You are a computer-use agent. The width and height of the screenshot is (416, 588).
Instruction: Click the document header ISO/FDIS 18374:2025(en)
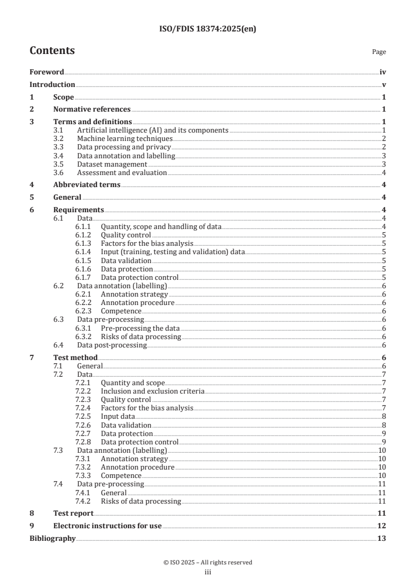point(208,29)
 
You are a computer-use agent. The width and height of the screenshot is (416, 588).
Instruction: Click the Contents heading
point(52,51)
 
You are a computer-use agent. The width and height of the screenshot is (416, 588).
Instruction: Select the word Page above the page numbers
point(379,52)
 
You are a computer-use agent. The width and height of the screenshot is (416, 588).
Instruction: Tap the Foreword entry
point(47,72)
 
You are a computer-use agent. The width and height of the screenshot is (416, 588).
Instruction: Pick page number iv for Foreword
point(383,72)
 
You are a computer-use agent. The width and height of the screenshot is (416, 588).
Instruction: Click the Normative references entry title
point(92,110)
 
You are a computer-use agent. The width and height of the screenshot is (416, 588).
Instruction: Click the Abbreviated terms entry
point(87,184)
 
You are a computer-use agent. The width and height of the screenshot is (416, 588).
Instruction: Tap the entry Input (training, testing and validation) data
point(173,252)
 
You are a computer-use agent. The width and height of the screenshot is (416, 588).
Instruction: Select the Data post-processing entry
point(112,345)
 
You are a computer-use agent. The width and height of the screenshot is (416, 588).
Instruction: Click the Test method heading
point(76,357)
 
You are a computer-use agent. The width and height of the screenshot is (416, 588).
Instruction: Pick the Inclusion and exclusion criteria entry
point(153,391)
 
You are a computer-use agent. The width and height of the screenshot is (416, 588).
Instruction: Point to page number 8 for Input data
point(384,417)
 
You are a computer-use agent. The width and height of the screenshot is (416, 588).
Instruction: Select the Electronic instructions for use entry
point(108,526)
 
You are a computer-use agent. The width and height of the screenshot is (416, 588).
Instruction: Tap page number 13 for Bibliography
point(382,538)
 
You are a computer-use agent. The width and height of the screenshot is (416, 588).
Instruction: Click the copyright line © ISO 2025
point(208,562)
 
